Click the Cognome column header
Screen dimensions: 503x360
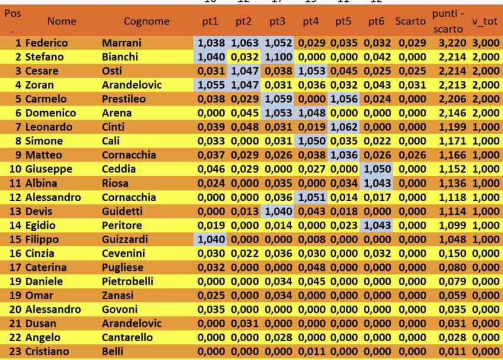[146, 21]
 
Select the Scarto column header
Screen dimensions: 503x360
[411, 21]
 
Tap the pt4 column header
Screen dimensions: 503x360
[311, 21]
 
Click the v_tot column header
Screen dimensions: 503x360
[485, 21]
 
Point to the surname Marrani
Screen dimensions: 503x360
[121, 43]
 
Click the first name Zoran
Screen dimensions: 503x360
[40, 85]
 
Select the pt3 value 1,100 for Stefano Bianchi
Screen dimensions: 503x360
[279, 57]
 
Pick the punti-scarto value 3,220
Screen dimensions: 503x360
[452, 43]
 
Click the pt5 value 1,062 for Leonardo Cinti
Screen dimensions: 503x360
[343, 127]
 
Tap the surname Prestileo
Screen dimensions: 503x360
[124, 99]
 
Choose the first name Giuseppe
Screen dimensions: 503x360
[49, 169]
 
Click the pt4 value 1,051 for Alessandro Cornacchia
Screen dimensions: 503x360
[311, 197]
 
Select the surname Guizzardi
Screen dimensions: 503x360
[124, 239]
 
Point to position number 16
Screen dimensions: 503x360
[15, 253]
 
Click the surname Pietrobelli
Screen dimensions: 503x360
[128, 281]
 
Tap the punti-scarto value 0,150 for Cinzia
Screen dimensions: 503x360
[452, 253]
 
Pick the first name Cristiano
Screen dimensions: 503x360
[47, 351]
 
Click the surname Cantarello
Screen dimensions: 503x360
[127, 337]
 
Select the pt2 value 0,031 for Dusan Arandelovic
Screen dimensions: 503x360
[245, 323]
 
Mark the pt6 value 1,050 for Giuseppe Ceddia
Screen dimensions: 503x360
[377, 169]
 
